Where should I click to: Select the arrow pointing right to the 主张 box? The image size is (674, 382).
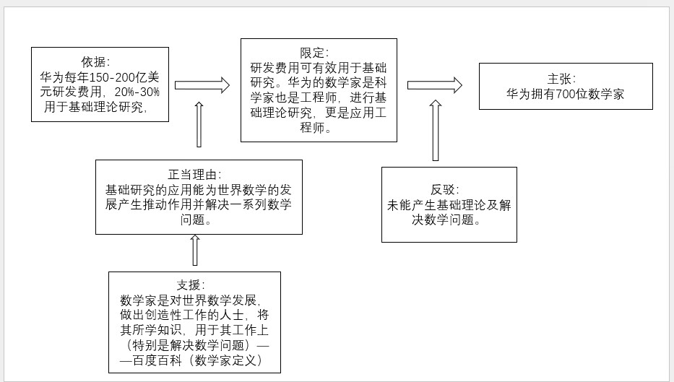coord(434,84)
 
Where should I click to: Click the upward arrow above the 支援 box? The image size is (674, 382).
coord(194,250)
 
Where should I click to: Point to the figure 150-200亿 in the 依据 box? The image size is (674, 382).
coord(112,77)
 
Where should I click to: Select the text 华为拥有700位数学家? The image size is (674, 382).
coord(565,94)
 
